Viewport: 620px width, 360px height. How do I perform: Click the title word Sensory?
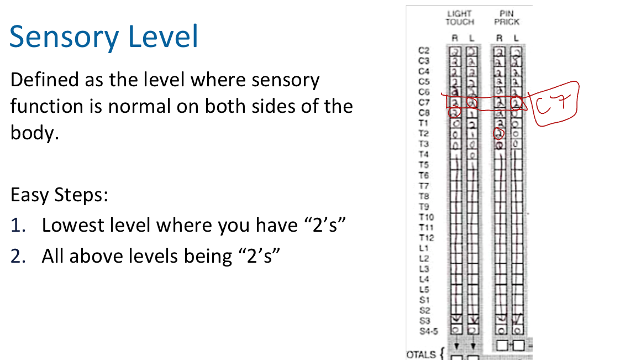point(64,38)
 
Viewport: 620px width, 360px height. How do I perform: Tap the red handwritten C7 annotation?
point(555,102)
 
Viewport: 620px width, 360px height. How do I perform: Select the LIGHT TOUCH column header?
point(459,18)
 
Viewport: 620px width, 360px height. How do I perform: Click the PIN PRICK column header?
point(506,18)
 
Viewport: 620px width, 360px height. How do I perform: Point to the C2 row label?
point(424,50)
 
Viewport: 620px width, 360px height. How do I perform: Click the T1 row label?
point(424,123)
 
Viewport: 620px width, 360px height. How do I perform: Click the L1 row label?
point(424,248)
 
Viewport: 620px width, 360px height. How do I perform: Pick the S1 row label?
point(424,300)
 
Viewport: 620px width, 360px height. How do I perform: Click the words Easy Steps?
point(59,195)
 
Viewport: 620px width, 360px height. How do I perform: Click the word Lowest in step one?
point(71,225)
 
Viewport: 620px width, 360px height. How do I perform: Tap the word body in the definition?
point(31,133)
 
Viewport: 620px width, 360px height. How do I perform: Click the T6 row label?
point(424,175)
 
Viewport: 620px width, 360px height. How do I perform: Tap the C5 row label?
point(424,81)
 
